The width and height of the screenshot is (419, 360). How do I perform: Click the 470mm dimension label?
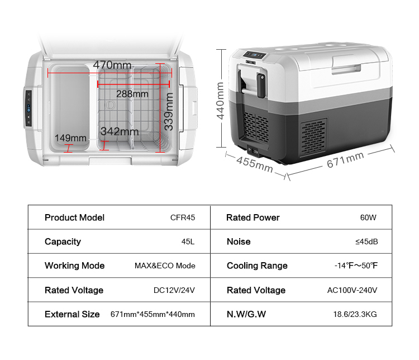click(x=112, y=65)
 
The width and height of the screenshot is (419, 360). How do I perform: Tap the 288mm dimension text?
click(x=132, y=94)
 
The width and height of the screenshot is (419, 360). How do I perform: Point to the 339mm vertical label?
click(x=169, y=112)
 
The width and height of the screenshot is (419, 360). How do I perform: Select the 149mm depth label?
click(x=70, y=138)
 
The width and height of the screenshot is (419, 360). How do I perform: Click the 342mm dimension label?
click(x=120, y=131)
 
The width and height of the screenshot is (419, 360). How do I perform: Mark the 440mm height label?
click(x=220, y=101)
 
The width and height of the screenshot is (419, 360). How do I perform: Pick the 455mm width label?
click(x=255, y=164)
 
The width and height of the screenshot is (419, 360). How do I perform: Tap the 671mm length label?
click(x=345, y=160)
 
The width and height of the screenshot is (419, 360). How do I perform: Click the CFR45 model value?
click(x=183, y=217)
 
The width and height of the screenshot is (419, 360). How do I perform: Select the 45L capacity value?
click(x=188, y=242)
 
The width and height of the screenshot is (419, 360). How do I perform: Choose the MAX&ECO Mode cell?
click(x=165, y=266)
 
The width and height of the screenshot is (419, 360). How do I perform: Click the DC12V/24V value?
click(x=174, y=291)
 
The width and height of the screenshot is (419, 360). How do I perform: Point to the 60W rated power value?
click(x=368, y=217)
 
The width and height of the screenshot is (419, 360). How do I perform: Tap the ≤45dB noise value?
click(x=366, y=242)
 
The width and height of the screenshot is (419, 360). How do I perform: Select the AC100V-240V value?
click(x=352, y=291)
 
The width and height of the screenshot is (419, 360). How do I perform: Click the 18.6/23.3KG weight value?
click(x=355, y=314)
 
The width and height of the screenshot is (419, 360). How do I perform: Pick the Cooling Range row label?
click(x=257, y=266)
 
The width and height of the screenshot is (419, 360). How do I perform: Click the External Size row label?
click(x=72, y=314)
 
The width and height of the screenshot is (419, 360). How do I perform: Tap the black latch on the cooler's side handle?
click(x=261, y=86)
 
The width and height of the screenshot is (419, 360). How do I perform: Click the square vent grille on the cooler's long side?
click(x=314, y=138)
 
